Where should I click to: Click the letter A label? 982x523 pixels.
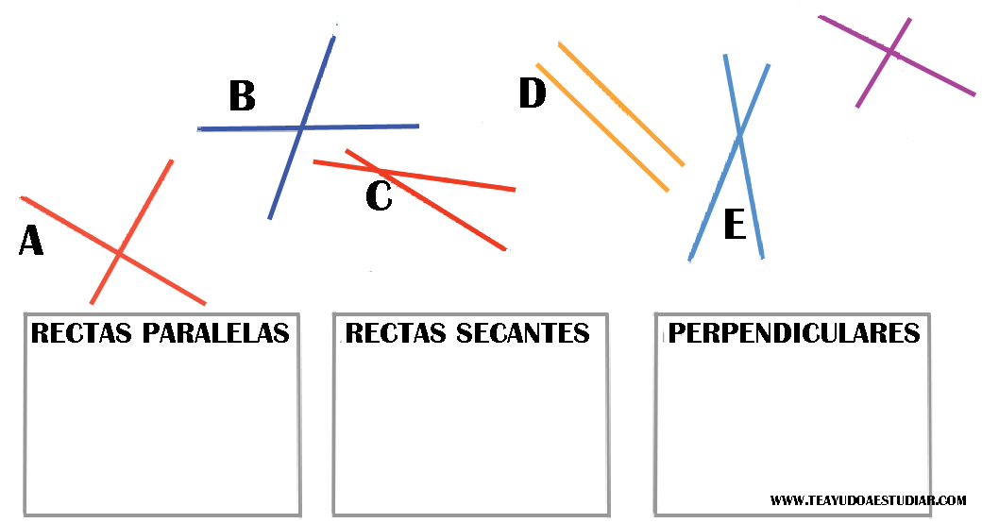[x=31, y=242]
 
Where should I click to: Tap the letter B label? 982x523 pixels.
[x=242, y=96]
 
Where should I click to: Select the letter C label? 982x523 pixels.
[x=379, y=196]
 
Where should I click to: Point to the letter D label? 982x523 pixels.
[x=533, y=93]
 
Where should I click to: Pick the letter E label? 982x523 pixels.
[x=735, y=226]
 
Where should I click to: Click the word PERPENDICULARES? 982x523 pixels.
[x=793, y=333]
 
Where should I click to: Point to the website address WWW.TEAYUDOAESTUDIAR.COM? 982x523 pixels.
[x=868, y=499]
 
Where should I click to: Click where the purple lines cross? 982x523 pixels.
[x=891, y=52]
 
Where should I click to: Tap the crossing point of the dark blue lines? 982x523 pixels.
[x=301, y=127]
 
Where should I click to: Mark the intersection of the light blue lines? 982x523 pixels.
[x=739, y=138]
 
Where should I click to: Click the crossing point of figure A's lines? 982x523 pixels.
[x=119, y=253]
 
